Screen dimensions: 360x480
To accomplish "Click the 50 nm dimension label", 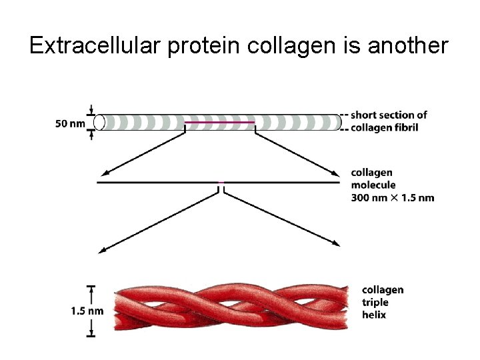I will [x=69, y=123].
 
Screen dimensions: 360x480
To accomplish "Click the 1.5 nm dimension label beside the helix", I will [x=87, y=310].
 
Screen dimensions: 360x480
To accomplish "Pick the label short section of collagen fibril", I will [x=389, y=121].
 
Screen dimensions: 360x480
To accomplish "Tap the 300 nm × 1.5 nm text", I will [x=393, y=197].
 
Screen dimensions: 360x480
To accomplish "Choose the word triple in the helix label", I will [x=376, y=302].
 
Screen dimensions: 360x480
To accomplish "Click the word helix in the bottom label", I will [x=374, y=314].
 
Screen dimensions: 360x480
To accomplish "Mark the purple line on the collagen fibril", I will [x=219, y=123].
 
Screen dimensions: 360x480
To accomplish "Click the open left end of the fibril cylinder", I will [x=100, y=122].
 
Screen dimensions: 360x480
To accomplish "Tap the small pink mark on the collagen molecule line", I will [x=220, y=182].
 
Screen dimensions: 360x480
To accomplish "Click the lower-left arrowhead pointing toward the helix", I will [x=103, y=251].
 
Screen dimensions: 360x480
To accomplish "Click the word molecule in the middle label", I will [x=373, y=185].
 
